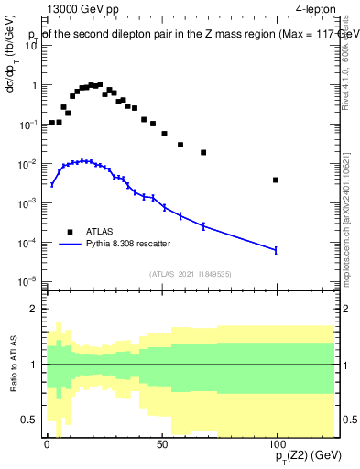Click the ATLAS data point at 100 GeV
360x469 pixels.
[276, 180]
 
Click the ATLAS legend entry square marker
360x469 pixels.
[70, 232]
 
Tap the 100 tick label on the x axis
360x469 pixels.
[276, 442]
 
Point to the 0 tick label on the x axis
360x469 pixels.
[47, 442]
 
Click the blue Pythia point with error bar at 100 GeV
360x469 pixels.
[276, 250]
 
